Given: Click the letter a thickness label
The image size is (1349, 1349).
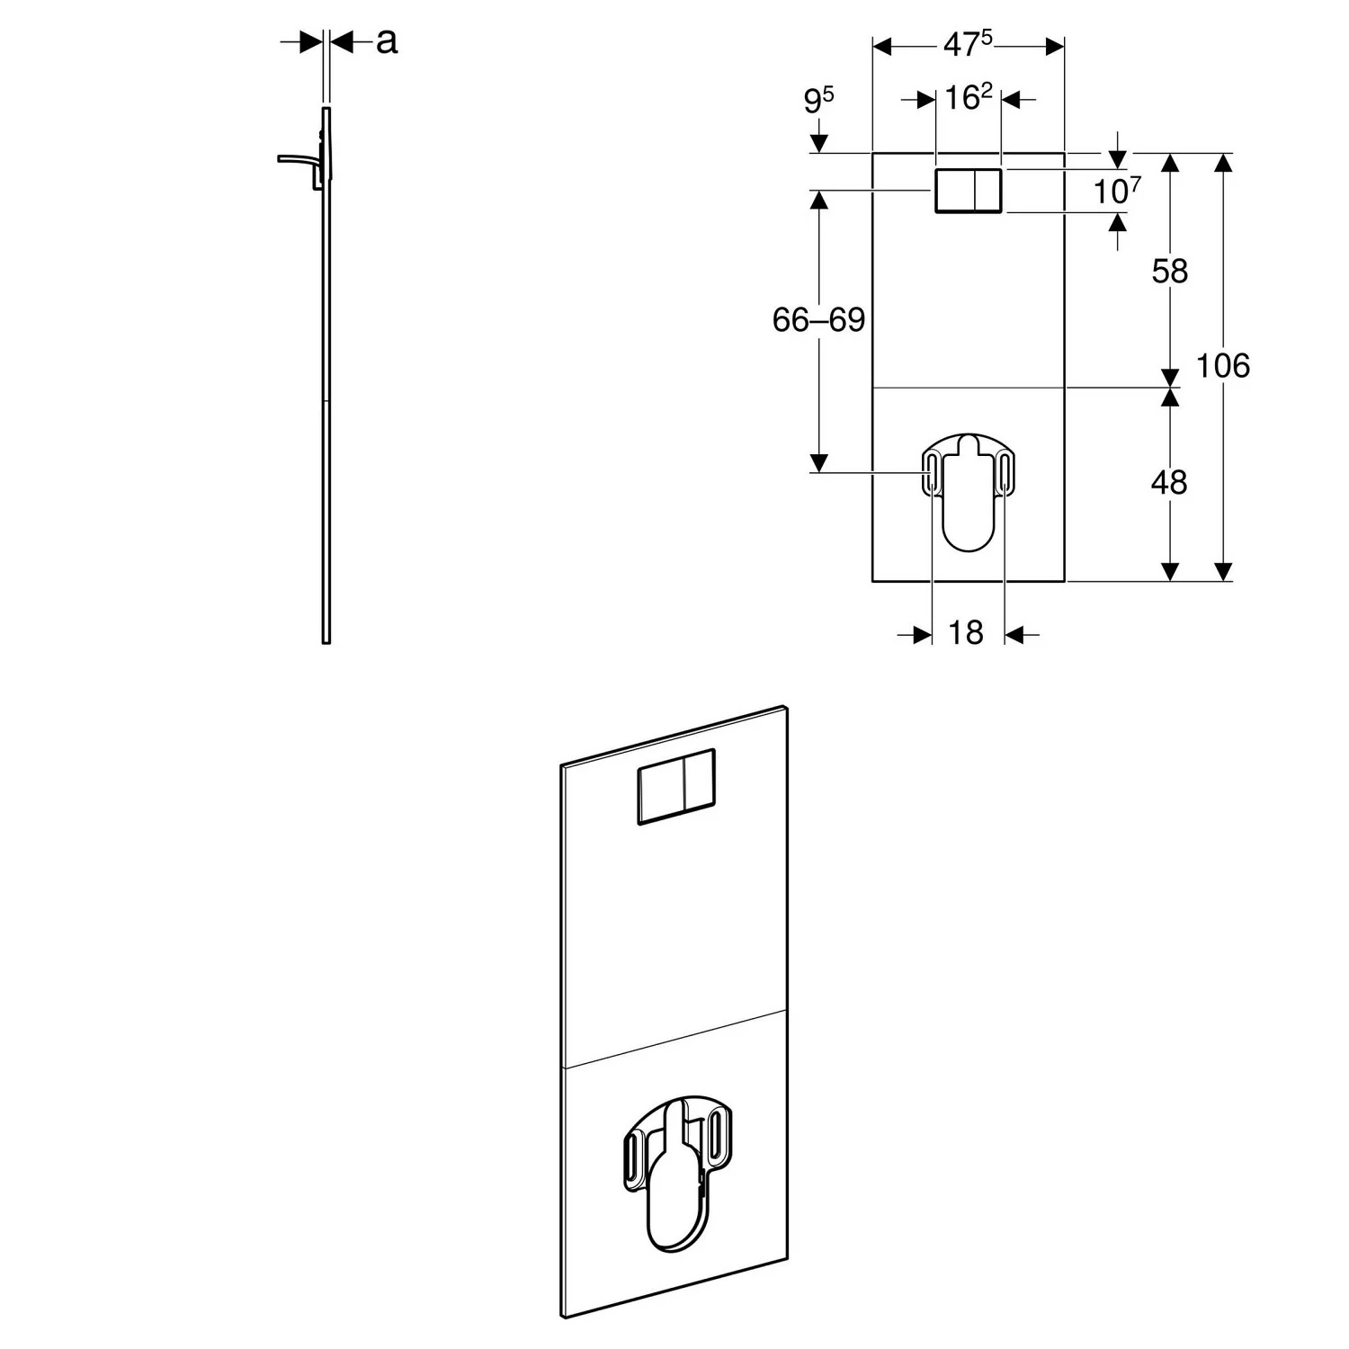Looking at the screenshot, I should (x=386, y=40).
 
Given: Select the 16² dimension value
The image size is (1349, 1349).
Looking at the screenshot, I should (x=968, y=97).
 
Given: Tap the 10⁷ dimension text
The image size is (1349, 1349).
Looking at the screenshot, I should (x=1117, y=191).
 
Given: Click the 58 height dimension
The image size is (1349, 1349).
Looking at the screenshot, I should (x=1169, y=271).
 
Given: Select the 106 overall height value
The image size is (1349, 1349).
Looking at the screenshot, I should (x=1223, y=366).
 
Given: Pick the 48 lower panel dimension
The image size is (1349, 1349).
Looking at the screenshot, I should (x=1169, y=483).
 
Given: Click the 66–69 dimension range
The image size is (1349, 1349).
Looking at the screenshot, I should (x=818, y=319).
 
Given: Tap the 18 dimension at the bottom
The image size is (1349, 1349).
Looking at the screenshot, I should (x=966, y=633).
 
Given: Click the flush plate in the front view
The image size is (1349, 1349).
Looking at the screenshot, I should (x=969, y=191).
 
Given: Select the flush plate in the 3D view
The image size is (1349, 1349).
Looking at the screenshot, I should (x=676, y=786).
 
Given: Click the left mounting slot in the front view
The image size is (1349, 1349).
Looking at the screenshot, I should (x=933, y=473).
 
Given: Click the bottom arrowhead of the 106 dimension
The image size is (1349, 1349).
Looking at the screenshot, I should (x=1223, y=572).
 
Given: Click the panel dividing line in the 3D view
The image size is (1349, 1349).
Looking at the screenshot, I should (x=674, y=1039).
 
